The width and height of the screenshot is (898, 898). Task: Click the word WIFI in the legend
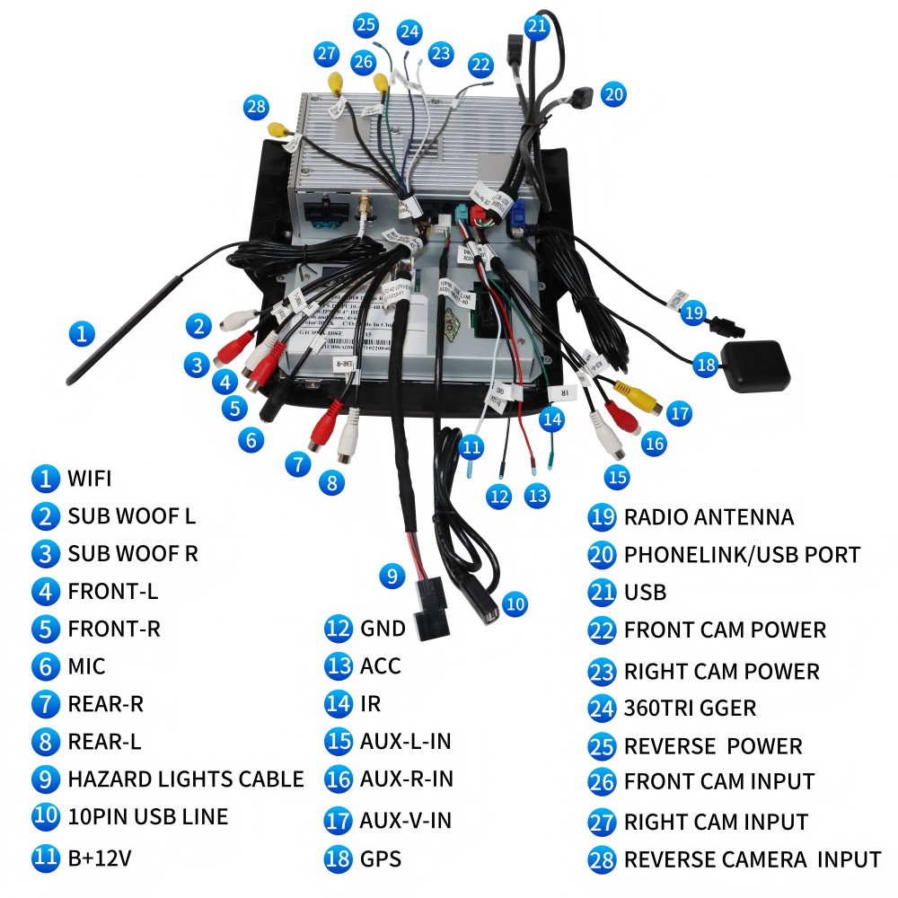(89, 478)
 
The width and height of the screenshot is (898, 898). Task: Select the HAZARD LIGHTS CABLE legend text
(185, 779)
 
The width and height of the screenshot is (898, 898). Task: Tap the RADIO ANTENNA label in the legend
(709, 517)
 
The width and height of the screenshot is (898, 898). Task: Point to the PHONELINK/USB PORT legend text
(742, 555)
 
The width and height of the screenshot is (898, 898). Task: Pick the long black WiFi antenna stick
(126, 331)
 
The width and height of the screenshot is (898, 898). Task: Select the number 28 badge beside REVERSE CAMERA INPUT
(601, 859)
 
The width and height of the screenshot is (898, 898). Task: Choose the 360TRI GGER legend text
(690, 708)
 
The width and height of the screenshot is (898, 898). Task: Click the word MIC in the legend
(86, 666)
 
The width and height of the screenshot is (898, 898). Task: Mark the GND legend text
(383, 629)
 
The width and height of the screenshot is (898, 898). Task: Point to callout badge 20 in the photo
(613, 93)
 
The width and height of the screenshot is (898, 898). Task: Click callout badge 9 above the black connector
(392, 576)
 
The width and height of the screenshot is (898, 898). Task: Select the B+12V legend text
(99, 858)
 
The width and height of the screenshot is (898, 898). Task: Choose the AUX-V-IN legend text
(405, 820)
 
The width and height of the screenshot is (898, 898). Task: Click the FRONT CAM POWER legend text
(725, 630)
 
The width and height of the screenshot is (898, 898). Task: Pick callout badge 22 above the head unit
(481, 65)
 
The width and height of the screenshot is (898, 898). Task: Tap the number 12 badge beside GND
(338, 629)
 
